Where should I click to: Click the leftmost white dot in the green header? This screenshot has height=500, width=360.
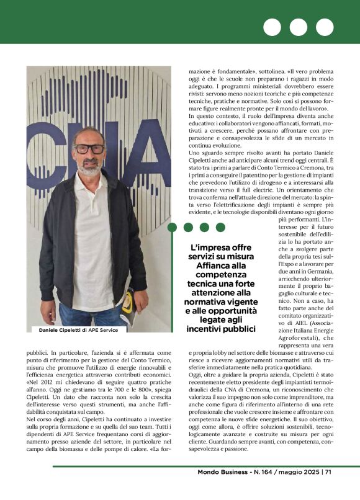[x=272, y=27]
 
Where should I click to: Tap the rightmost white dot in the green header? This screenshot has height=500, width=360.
[x=325, y=27]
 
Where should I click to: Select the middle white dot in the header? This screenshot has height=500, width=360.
[x=299, y=27]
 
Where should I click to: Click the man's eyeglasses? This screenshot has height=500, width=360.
[x=90, y=149]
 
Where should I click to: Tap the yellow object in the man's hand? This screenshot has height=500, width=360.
[x=128, y=302]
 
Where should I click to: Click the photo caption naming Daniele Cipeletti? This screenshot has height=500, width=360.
[x=74, y=330]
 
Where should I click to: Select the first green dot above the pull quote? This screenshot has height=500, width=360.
[x=173, y=228]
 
